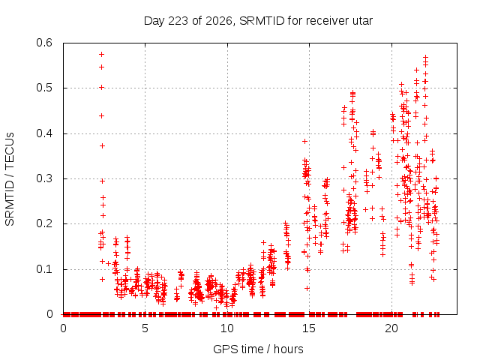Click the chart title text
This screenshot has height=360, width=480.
tap(258, 21)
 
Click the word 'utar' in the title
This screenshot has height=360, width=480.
tap(363, 21)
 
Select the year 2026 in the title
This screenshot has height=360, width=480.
tap(218, 21)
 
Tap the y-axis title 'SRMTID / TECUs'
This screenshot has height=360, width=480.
tap(10, 179)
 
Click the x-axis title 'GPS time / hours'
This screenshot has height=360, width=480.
tap(258, 349)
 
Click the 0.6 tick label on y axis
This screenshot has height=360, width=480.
tap(44, 43)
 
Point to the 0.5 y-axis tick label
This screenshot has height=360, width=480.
tap(44, 88)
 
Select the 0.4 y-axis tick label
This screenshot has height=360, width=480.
tap(44, 133)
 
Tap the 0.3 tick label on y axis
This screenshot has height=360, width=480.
tap(44, 178)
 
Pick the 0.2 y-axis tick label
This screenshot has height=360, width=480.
tap(44, 223)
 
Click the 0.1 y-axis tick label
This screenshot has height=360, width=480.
tap(44, 269)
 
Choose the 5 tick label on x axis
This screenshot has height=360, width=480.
tap(145, 328)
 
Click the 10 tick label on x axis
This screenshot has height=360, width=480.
tap(227, 328)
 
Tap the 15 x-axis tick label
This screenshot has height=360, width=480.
tap(309, 328)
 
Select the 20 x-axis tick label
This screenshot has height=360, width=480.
tap(391, 328)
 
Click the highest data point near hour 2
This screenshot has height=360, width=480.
tap(102, 55)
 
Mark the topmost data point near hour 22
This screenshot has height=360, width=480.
tap(425, 57)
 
